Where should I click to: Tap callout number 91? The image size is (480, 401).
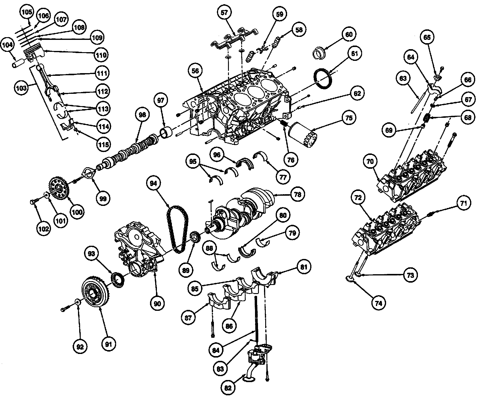click(x=108, y=344)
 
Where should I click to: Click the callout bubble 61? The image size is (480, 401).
click(x=355, y=54)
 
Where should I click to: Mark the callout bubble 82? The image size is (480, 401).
click(x=228, y=387)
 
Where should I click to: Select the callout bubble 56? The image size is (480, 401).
click(x=196, y=71)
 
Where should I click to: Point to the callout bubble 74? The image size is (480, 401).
click(x=378, y=303)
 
